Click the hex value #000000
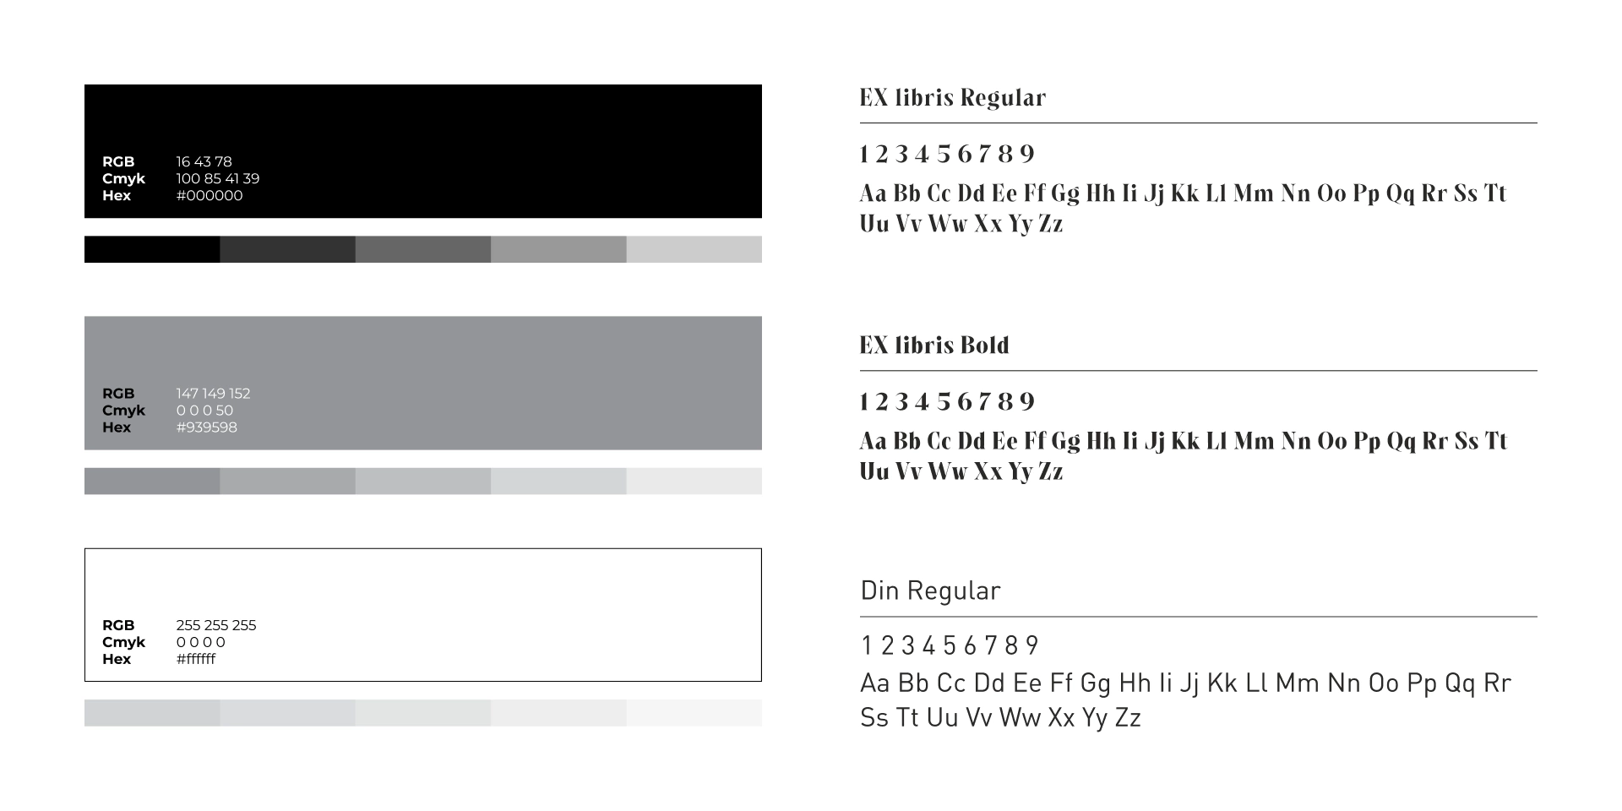tap(209, 196)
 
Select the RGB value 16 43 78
tap(204, 162)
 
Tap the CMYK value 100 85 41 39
tap(217, 179)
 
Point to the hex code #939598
tap(206, 427)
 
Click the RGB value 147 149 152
tap(213, 394)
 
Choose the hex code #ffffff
tap(195, 659)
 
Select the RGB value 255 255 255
tap(215, 625)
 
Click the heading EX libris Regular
tap(952, 98)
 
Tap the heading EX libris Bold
tap(933, 346)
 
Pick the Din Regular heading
tap(929, 591)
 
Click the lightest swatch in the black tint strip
tap(694, 249)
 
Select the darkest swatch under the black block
tap(152, 249)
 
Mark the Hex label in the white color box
tap(117, 659)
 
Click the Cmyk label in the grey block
tap(123, 411)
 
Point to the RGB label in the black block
tap(118, 162)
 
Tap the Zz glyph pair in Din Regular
tap(1128, 718)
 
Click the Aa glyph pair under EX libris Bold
tap(874, 441)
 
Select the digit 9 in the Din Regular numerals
tap(1031, 646)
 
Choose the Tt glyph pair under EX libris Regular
tap(1495, 193)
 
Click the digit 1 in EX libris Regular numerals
tap(863, 155)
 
